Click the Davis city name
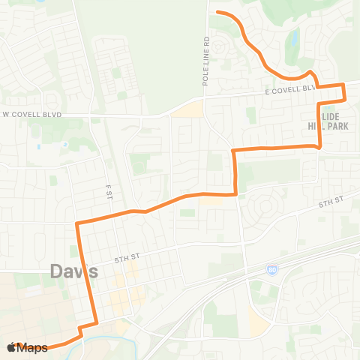tap(75, 273)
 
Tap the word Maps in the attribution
tap(33, 347)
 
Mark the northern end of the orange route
tap(217, 13)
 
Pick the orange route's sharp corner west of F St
tap(77, 223)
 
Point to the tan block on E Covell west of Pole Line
tap(187, 109)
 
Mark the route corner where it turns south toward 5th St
tap(235, 151)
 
